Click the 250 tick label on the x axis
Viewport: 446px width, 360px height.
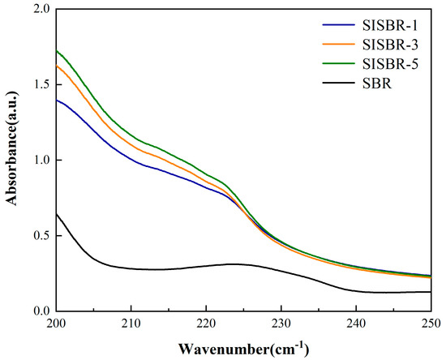tap(430, 324)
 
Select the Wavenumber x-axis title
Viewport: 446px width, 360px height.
tap(243, 348)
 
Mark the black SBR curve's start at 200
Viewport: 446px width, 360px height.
tap(57, 214)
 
